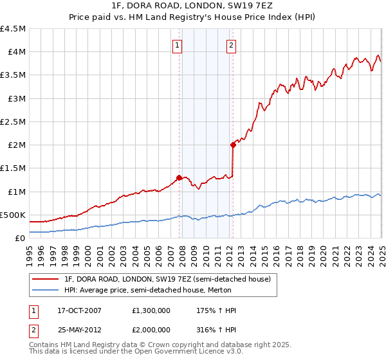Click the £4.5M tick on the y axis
pos(13,29)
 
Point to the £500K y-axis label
pos(13,215)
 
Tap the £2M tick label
pos(15,145)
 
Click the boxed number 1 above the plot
pos(177,45)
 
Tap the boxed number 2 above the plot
pos(230,45)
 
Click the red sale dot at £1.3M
pos(179,177)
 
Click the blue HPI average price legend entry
pos(153,290)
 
